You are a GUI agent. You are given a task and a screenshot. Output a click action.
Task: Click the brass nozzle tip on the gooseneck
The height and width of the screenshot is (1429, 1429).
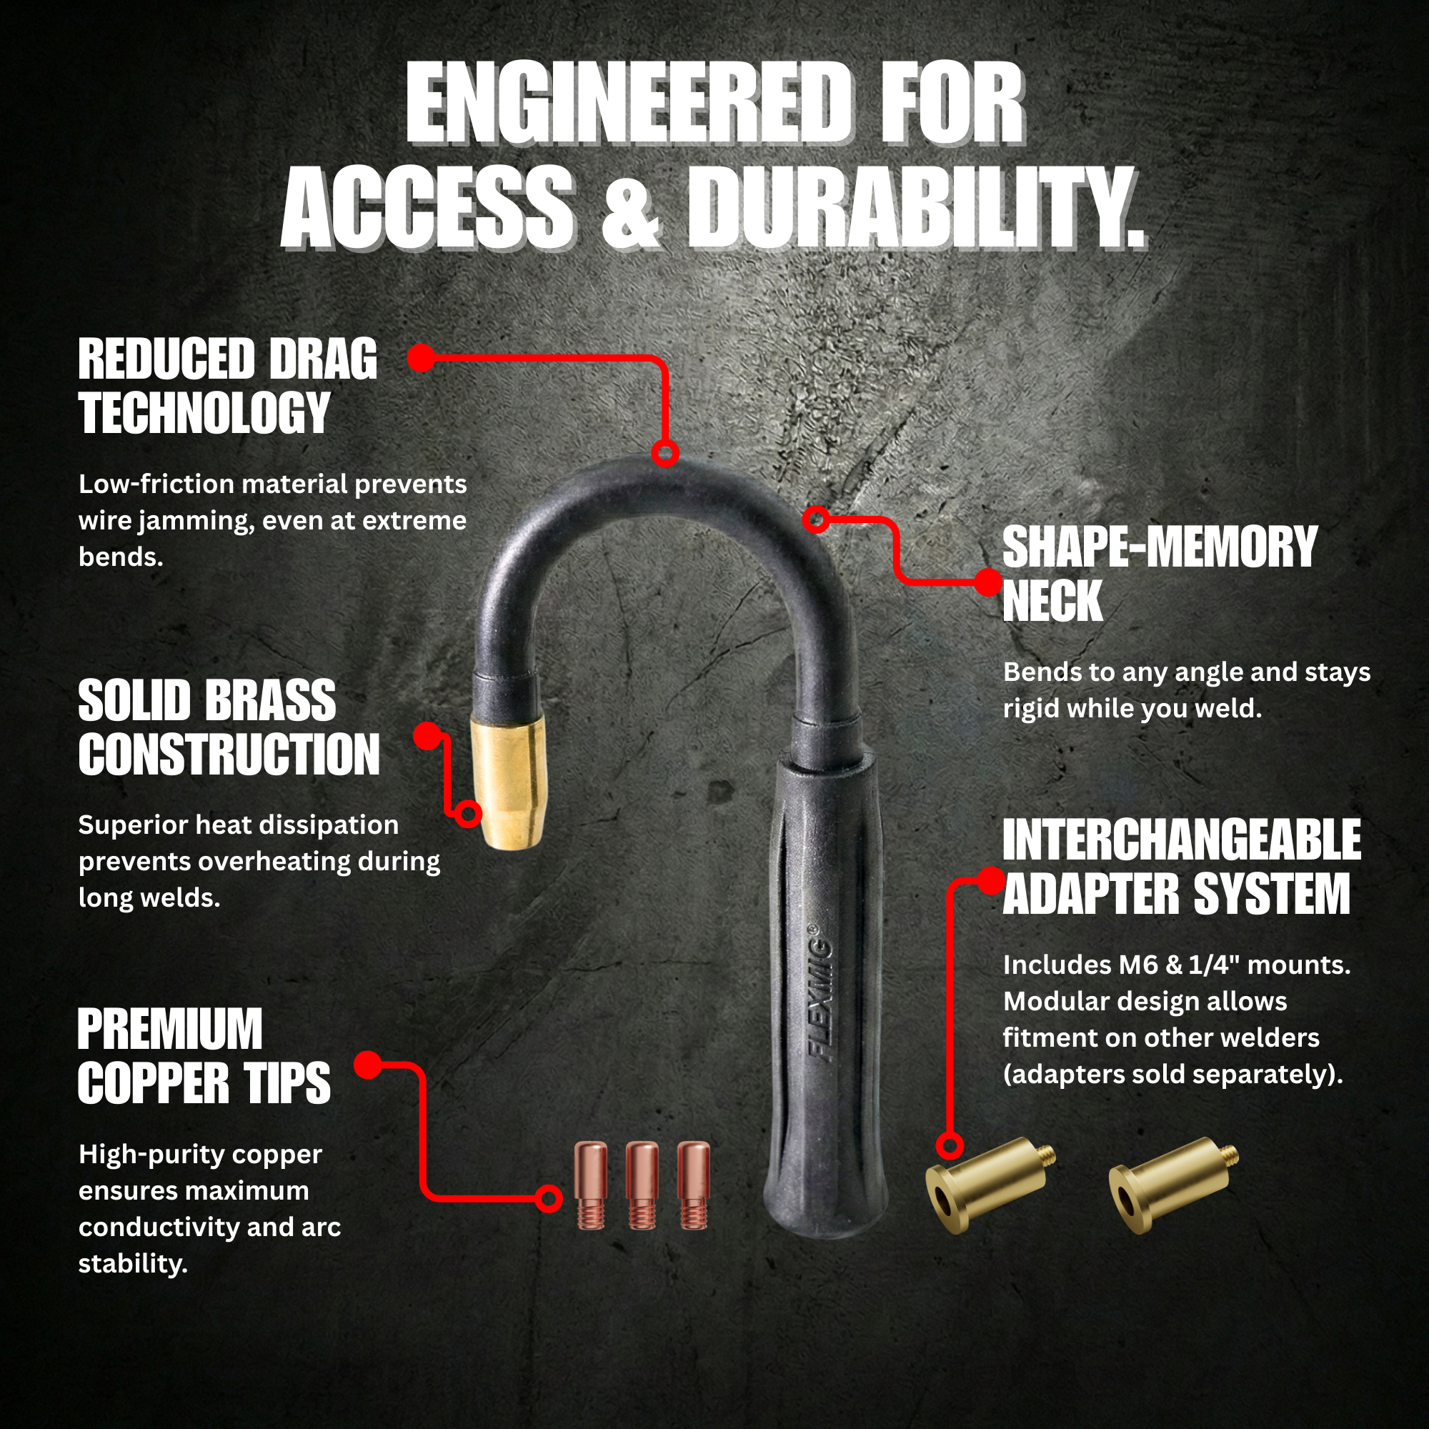click(x=509, y=785)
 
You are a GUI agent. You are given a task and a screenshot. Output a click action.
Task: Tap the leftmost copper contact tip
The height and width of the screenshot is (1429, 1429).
click(x=591, y=1185)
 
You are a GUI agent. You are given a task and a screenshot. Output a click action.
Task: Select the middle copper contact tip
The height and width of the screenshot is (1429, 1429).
click(x=642, y=1185)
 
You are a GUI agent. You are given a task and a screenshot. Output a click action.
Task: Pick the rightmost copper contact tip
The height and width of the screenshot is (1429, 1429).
click(x=694, y=1185)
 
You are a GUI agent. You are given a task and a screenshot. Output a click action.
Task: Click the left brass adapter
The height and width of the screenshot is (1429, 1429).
click(x=990, y=1183)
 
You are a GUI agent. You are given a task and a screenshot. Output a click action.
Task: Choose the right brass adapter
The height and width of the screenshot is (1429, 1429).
click(x=1172, y=1183)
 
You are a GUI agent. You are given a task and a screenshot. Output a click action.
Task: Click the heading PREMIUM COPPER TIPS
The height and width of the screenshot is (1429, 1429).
click(x=204, y=1055)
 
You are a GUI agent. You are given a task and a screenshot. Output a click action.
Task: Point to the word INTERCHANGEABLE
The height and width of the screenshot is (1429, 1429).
click(x=1182, y=840)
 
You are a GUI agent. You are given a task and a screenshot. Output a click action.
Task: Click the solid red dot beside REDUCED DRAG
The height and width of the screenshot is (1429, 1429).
click(x=422, y=358)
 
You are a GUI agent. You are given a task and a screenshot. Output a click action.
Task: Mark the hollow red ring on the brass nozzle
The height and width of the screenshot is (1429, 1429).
click(x=467, y=814)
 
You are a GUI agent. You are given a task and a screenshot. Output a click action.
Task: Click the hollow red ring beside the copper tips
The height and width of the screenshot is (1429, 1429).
click(x=548, y=1198)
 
